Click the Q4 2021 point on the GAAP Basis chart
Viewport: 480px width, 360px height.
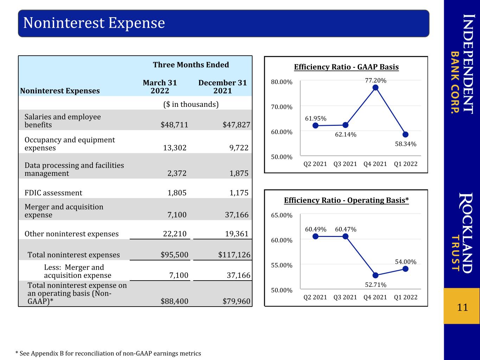click(x=375, y=88)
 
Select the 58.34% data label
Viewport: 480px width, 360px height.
click(x=405, y=144)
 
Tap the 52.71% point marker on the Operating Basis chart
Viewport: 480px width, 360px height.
click(x=375, y=275)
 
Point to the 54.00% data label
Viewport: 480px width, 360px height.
click(x=405, y=262)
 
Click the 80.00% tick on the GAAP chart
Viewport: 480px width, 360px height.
click(x=282, y=82)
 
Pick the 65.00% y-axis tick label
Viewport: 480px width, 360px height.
click(x=282, y=215)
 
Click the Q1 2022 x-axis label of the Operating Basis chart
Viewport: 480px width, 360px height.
click(x=406, y=297)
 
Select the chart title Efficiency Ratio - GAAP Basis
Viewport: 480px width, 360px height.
click(x=346, y=67)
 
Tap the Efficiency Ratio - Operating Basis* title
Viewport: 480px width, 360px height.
click(x=346, y=200)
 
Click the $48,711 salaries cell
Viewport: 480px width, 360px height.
click(x=174, y=125)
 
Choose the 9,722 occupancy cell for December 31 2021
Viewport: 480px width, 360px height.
click(x=239, y=148)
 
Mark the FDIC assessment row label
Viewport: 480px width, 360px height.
click(x=53, y=193)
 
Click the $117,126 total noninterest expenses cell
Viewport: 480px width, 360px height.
click(x=234, y=255)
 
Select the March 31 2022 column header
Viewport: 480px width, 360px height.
click(x=160, y=86)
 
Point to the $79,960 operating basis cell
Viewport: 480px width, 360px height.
click(x=236, y=301)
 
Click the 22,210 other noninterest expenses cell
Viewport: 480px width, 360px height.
click(x=175, y=234)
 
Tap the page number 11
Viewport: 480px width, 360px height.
click(x=462, y=307)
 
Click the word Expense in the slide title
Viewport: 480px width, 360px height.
click(x=137, y=23)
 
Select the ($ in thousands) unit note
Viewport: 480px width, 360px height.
click(x=191, y=104)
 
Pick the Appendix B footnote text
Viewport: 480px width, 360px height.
click(x=108, y=353)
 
